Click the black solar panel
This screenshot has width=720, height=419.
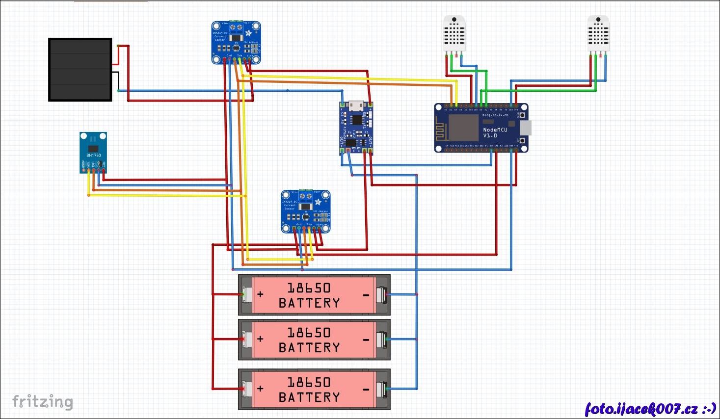coord(80,70)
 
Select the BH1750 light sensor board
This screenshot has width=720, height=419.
coord(93,152)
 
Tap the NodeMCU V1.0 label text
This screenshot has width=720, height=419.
coord(495,132)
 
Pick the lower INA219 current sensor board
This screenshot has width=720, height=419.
coord(305,211)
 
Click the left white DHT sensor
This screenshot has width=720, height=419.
coord(454,33)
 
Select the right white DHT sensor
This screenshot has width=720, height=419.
coord(598,33)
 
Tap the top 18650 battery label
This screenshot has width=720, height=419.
coord(309,295)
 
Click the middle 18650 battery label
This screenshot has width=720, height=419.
coord(309,340)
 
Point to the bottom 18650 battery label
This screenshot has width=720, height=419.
coord(309,390)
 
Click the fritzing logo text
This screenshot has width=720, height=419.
coord(43,402)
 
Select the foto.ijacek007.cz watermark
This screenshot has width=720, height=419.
coord(650,409)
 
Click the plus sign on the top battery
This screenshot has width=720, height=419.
coord(261,294)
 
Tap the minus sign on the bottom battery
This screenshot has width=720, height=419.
coord(366,389)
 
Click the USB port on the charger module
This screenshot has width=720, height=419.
coord(356,105)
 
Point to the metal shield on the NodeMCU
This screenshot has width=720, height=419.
coord(463,127)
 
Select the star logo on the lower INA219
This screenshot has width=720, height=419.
coord(318,202)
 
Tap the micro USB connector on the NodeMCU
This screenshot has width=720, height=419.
coord(526,128)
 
